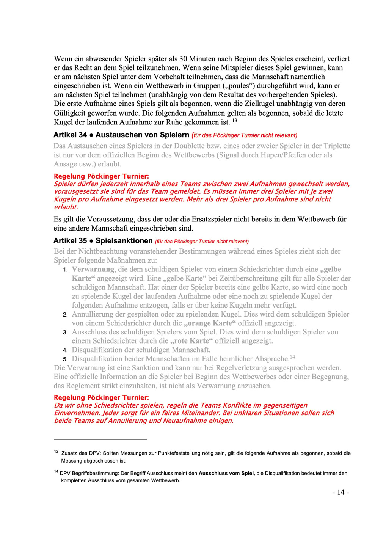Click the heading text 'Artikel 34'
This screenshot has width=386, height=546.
(70, 135)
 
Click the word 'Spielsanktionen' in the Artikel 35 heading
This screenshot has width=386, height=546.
(124, 241)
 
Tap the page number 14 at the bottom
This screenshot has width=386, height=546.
(340, 492)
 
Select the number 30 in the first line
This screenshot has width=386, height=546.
(183, 59)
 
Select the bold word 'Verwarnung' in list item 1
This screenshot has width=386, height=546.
(93, 269)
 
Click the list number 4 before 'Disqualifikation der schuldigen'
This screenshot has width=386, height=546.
(65, 350)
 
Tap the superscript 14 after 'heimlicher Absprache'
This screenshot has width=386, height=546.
(292, 357)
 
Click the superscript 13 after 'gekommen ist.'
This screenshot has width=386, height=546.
(235, 121)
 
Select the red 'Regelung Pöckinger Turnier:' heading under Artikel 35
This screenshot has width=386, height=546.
(101, 397)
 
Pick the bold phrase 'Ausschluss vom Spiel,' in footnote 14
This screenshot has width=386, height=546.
(227, 473)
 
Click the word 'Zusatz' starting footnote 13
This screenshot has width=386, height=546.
(69, 453)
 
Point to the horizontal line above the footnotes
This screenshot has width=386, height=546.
(100, 439)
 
